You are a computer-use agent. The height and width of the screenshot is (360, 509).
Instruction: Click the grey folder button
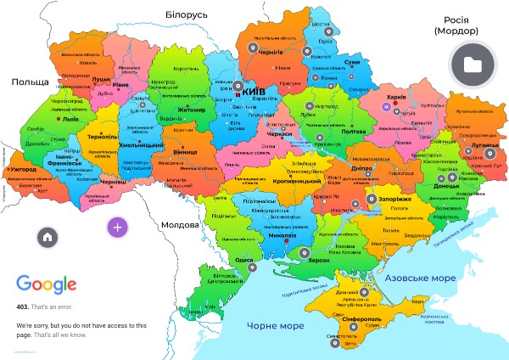(x=473, y=65)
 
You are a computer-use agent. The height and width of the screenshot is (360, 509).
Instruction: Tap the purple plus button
(x=117, y=227)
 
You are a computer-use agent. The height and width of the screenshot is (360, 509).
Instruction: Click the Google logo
(x=47, y=284)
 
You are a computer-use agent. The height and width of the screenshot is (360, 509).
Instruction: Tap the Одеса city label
(x=244, y=260)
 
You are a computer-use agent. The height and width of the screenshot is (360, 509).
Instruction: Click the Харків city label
(x=396, y=98)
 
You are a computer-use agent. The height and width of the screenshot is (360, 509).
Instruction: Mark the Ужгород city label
(x=21, y=171)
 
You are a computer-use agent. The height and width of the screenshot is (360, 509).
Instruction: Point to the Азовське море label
(x=418, y=278)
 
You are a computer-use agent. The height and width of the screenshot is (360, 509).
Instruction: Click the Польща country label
(x=28, y=82)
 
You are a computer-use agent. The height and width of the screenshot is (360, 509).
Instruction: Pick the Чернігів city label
(x=270, y=53)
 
